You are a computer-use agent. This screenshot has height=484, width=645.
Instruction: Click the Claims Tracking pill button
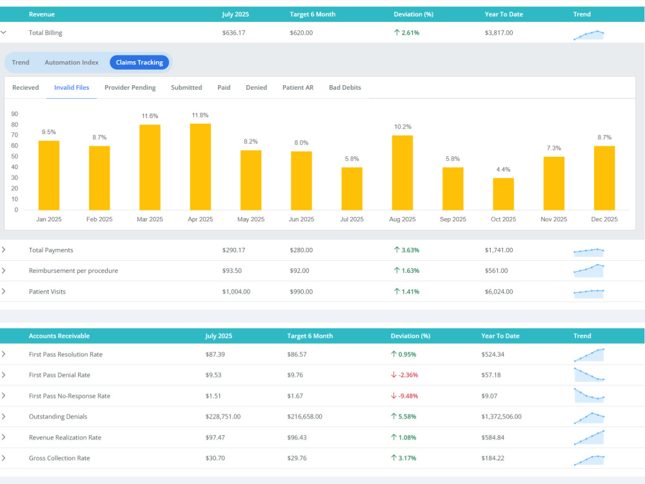(139, 62)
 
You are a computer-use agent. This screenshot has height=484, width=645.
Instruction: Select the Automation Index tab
(72, 62)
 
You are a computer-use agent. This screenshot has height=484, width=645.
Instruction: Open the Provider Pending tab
(130, 87)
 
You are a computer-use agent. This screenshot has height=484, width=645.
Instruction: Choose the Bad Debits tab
(344, 87)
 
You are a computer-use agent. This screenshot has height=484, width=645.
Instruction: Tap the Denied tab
(256, 87)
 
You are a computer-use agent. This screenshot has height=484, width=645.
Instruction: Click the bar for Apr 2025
(201, 166)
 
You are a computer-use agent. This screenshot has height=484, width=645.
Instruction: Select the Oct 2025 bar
(504, 194)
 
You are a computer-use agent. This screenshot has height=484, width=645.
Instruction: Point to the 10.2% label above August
(402, 126)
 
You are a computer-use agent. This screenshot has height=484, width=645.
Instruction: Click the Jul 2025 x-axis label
(352, 219)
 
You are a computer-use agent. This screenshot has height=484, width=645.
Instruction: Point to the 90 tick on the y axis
(15, 114)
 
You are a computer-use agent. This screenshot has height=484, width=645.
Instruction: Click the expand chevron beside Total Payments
(4, 250)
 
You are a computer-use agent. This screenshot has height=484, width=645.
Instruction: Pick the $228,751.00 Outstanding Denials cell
(223, 416)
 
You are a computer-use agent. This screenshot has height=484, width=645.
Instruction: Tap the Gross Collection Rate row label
(59, 458)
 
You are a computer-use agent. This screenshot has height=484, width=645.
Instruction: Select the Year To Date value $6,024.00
(499, 292)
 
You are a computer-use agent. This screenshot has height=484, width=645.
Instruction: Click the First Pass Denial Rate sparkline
(589, 374)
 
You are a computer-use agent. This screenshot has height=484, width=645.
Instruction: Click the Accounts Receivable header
(59, 336)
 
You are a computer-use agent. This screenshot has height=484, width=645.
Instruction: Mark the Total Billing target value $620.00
(301, 32)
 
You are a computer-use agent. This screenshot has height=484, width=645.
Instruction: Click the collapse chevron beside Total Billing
(4, 32)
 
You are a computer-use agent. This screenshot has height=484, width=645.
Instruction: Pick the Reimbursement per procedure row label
(74, 270)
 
